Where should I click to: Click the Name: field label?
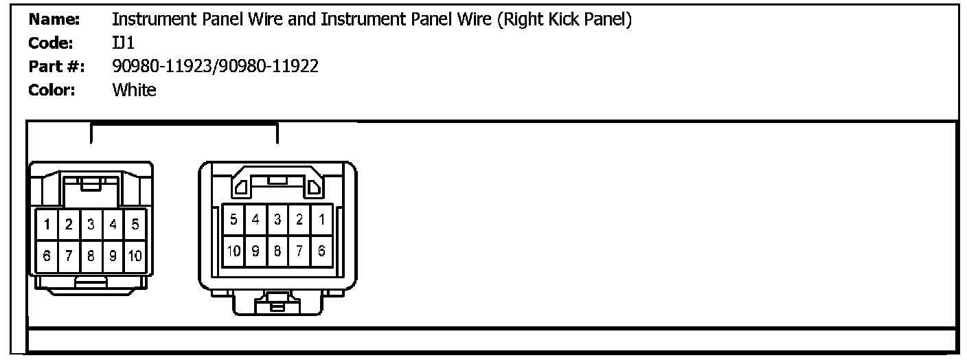coord(54,20)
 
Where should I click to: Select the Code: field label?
coord(51,43)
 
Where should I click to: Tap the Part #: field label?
coord(56,67)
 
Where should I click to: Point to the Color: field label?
coord(52,90)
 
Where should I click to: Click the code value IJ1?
coord(124,43)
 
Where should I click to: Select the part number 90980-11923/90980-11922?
coord(215,67)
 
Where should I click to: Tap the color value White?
coord(134,90)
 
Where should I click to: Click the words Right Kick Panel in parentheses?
coord(563,20)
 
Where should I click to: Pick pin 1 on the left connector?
coord(47,224)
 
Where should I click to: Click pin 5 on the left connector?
coord(135,224)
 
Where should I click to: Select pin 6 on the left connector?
coord(47,256)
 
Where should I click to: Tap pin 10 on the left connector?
coord(135,256)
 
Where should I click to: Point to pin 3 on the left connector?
coord(91,224)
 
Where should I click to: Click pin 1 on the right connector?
coord(321,220)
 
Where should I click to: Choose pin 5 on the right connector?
coord(234,220)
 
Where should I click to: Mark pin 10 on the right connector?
coord(234,251)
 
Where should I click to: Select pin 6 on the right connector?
coord(321,251)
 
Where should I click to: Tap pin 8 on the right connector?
coord(277,251)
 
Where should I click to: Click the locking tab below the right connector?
coord(277,302)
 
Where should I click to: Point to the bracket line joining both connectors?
coord(184,124)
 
